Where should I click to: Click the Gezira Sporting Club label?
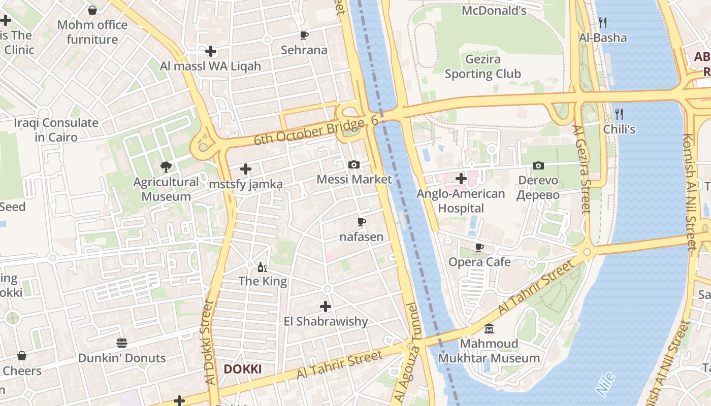tap(482, 66)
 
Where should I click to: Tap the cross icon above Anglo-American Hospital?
tap(461, 179)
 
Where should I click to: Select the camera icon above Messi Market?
tap(354, 164)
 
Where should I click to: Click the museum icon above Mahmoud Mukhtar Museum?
tap(489, 329)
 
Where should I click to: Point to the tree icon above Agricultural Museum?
tap(166, 166)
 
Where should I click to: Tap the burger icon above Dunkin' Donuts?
tap(121, 343)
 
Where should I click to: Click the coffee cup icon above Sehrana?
tap(304, 35)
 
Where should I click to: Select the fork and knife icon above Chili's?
tap(619, 114)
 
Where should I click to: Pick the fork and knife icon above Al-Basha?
tap(603, 22)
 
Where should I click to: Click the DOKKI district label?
tap(243, 369)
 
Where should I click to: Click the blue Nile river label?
tap(605, 384)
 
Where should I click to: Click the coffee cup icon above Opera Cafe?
tap(479, 247)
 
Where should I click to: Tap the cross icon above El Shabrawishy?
tap(326, 307)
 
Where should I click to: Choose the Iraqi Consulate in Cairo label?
tap(56, 130)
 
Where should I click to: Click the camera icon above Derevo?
tap(538, 165)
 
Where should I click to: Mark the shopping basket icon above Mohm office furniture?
tap(92, 10)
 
